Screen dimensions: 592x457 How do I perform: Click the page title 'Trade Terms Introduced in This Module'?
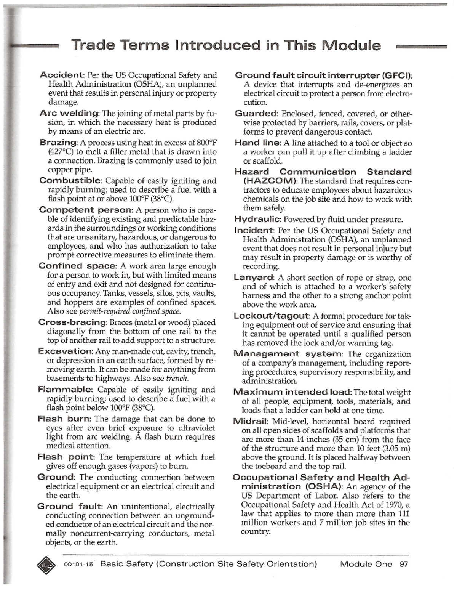point(226,45)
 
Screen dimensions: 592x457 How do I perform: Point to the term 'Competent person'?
point(86,210)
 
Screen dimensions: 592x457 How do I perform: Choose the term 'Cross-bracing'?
point(73,322)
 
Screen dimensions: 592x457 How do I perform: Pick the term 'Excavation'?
point(65,351)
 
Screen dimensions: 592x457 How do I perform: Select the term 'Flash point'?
point(66,457)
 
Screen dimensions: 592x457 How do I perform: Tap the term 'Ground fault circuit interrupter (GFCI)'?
point(324,75)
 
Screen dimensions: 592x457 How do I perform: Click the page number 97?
point(404,564)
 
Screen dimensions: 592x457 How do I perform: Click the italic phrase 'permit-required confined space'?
point(129,311)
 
